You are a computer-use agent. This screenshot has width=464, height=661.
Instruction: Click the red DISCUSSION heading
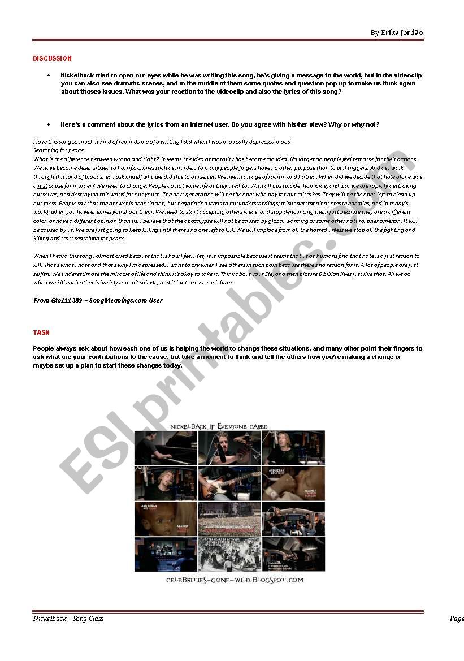click(52, 58)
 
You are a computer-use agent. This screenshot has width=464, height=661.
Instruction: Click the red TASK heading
click(41, 332)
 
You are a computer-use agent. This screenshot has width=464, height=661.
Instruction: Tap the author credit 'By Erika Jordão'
click(396, 32)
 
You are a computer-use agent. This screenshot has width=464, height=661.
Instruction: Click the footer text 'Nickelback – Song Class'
click(68, 619)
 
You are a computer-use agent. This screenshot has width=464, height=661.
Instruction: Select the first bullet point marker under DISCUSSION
click(48, 75)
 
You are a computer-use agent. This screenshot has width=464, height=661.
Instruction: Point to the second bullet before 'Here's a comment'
click(48, 124)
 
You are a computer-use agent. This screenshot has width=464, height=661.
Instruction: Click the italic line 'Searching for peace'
click(58, 150)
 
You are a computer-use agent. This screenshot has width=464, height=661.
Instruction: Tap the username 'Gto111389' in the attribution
click(66, 300)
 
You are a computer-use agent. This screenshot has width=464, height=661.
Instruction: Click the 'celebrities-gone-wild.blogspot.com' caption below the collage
click(234, 580)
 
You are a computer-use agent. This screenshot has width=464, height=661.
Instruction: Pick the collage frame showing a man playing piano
click(165, 448)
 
